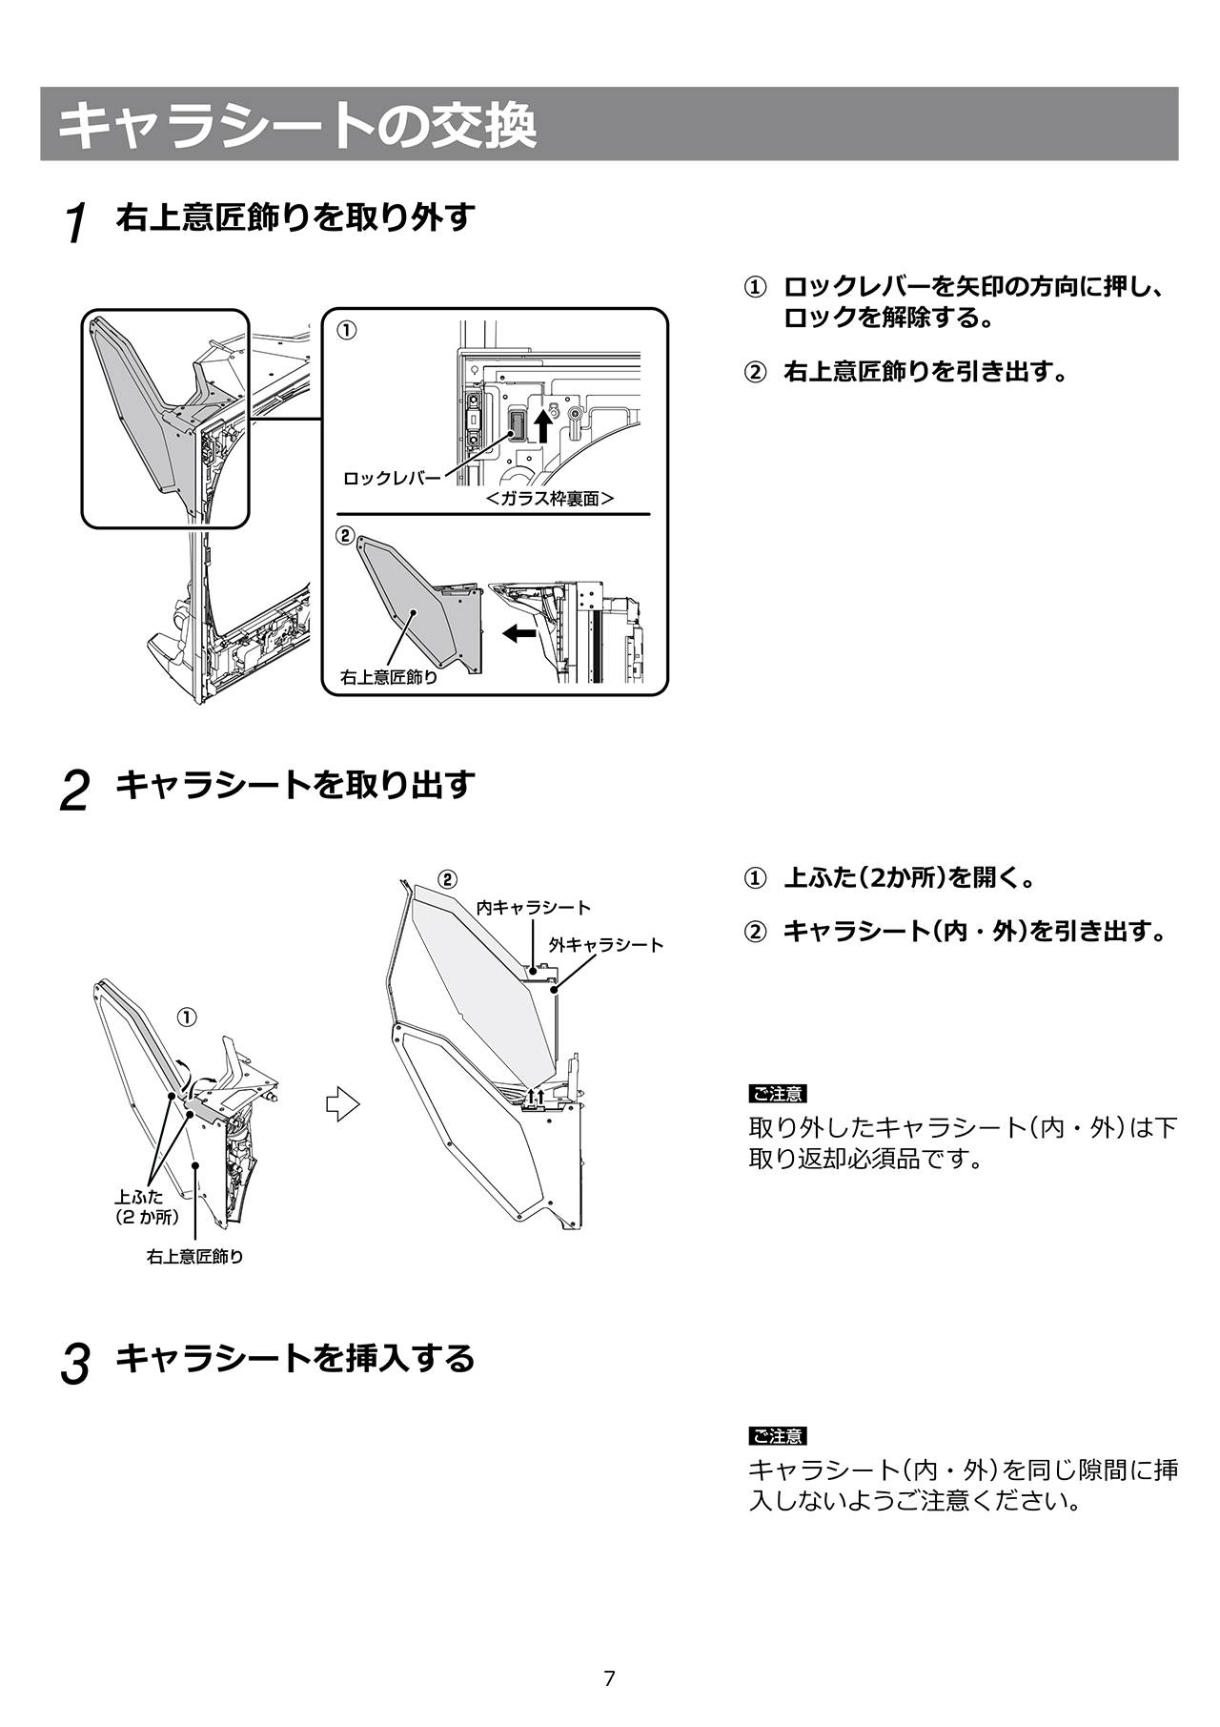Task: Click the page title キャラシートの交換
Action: pos(297,125)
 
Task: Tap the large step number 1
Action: pos(76,224)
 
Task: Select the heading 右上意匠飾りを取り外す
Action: pos(295,217)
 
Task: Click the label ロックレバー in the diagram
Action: pos(392,478)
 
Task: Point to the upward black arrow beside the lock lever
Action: pos(542,424)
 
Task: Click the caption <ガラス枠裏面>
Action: pos(549,498)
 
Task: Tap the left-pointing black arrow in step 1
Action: pos(519,632)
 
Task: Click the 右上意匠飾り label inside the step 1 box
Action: pos(389,677)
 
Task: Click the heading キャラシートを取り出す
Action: pos(295,786)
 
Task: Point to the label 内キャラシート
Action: pos(534,907)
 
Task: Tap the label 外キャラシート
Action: pos(606,944)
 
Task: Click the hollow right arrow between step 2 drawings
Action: pos(343,1104)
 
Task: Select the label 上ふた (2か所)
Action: pos(147,1206)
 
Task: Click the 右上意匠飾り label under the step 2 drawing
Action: pos(195,1257)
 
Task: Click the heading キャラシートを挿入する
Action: pos(295,1358)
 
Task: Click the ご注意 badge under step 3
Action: pos(778,1436)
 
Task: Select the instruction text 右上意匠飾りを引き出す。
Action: pos(924,371)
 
